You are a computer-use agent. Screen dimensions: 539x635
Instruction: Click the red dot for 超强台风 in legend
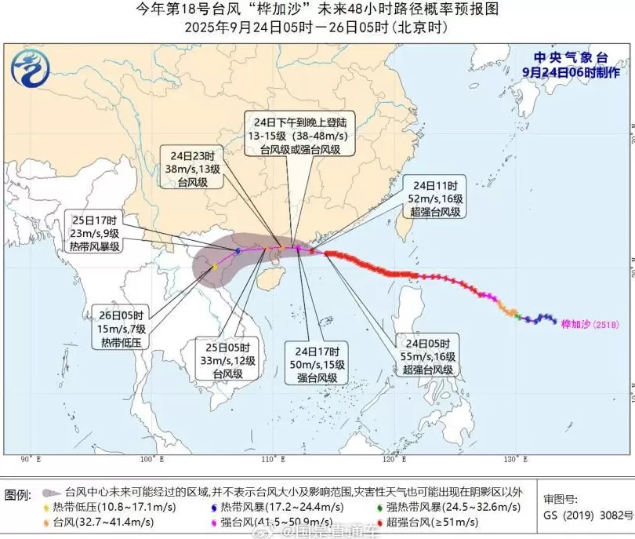[x=383, y=522]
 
